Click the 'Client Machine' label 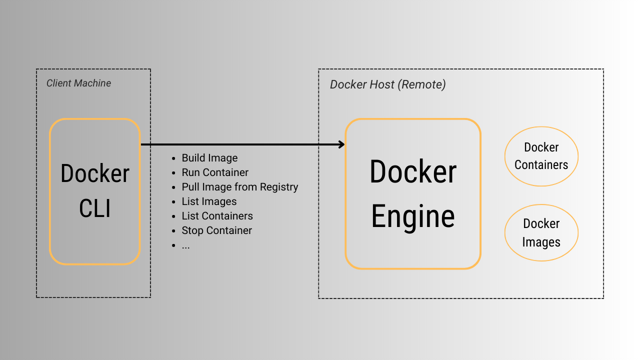click(x=78, y=83)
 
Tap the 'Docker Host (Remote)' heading click(x=387, y=84)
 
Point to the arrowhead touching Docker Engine click(x=342, y=144)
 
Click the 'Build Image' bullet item click(x=209, y=158)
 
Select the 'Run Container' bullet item click(x=215, y=172)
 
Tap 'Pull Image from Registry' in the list click(x=239, y=187)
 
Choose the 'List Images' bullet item click(x=209, y=201)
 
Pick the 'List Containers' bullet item click(x=217, y=216)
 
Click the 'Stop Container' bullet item click(x=216, y=230)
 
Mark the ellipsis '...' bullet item click(x=185, y=245)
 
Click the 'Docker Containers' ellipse click(x=541, y=156)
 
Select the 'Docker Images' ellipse click(x=541, y=232)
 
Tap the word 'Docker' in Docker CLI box click(x=95, y=173)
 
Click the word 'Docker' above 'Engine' click(x=413, y=171)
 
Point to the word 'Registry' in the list click(x=280, y=187)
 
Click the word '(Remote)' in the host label click(x=421, y=84)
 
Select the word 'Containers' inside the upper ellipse click(x=541, y=165)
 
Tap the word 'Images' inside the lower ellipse click(x=541, y=242)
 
